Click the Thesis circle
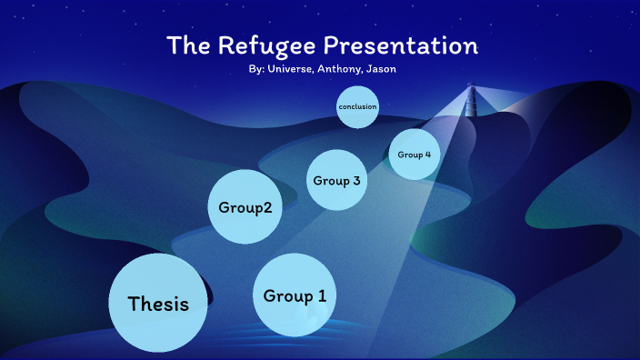click(158, 304)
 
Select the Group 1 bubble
click(295, 295)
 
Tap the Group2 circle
click(245, 207)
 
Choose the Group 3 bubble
click(336, 180)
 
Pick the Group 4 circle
click(414, 155)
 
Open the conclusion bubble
click(357, 107)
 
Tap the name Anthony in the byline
click(341, 69)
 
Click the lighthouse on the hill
click(471, 102)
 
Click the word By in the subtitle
click(255, 69)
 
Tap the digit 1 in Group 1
click(322, 295)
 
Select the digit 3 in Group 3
click(356, 180)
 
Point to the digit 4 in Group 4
click(427, 155)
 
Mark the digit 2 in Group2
click(266, 207)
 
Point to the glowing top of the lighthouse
click(471, 88)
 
